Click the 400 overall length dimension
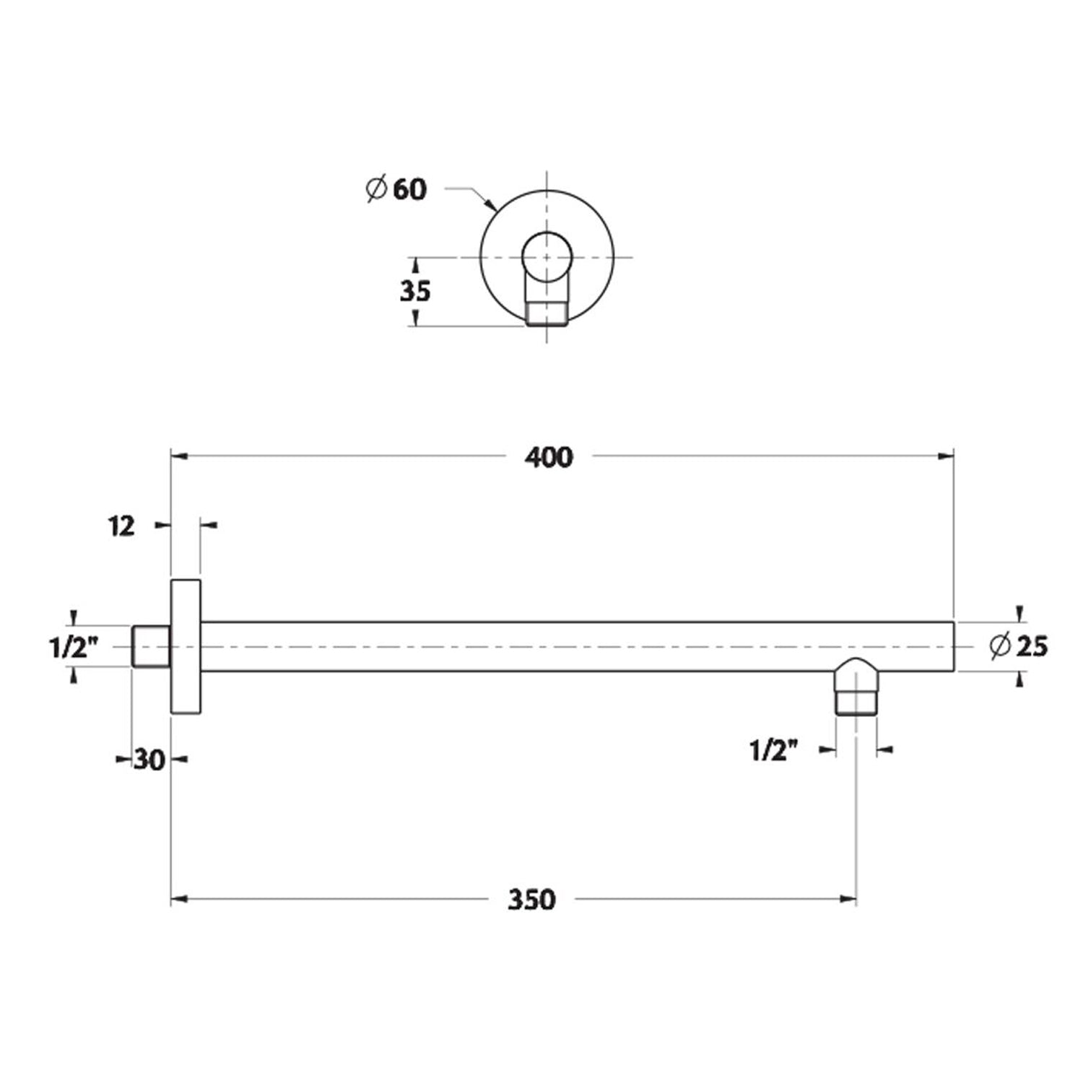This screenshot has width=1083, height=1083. [549, 457]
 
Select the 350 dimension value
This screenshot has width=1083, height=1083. [531, 900]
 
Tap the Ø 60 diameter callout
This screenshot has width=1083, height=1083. [397, 189]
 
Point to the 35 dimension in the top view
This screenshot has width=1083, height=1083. [414, 290]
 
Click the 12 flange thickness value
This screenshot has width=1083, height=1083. [123, 526]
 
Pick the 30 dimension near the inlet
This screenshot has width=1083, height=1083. [149, 760]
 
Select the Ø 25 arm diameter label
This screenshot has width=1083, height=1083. [1019, 646]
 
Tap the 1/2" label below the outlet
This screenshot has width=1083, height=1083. [774, 752]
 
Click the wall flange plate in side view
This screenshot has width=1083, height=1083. [186, 646]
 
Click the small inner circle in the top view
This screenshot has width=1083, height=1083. [547, 256]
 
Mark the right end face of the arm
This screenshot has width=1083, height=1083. [954, 646]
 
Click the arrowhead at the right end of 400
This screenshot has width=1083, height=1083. [947, 456]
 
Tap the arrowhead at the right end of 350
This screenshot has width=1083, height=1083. [849, 899]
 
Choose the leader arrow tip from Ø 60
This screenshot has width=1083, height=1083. [494, 209]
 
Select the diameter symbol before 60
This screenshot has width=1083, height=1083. [375, 189]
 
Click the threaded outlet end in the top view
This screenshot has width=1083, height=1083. [547, 315]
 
